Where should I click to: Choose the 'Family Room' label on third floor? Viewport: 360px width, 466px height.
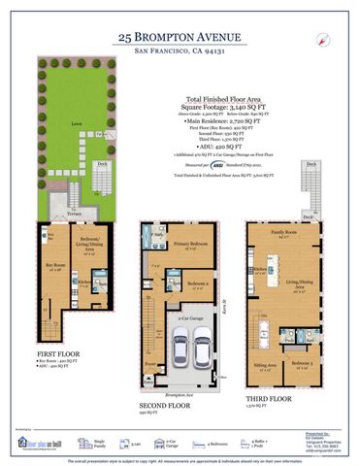pyautogui.click(x=284, y=234)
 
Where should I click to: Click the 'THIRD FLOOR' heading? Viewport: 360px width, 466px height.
pyautogui.click(x=269, y=398)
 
